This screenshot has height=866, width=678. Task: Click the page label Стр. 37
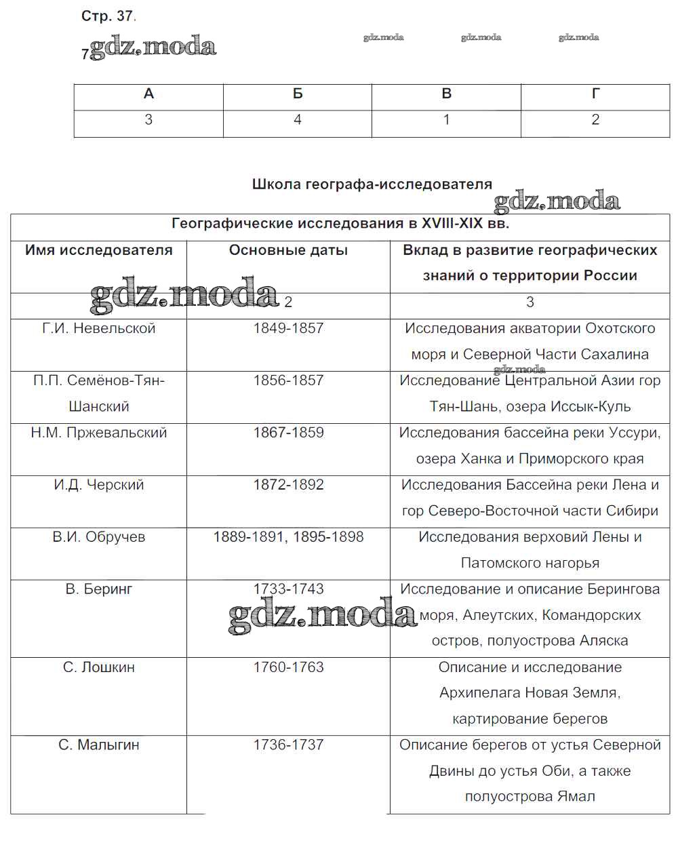108,16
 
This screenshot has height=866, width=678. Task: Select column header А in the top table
148,94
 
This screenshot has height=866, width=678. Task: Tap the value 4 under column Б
297,120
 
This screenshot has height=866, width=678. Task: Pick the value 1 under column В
446,120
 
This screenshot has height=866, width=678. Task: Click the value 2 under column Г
595,120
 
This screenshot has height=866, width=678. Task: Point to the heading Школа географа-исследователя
372,184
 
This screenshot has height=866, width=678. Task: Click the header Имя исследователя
99,250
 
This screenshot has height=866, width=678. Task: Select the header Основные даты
288,250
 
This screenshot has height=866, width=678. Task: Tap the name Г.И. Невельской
99,328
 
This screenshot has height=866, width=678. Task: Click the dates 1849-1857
288,328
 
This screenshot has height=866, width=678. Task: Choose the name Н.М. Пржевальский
99,433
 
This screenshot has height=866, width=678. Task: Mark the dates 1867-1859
288,433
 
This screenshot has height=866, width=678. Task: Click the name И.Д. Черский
99,485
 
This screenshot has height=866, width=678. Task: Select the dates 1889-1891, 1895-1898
288,537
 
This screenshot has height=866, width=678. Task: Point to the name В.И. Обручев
99,537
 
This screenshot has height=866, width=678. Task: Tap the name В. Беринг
99,589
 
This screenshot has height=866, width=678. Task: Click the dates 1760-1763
288,667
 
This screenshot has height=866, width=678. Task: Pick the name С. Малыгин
99,745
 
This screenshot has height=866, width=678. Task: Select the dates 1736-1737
288,745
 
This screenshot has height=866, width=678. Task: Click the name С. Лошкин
99,667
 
